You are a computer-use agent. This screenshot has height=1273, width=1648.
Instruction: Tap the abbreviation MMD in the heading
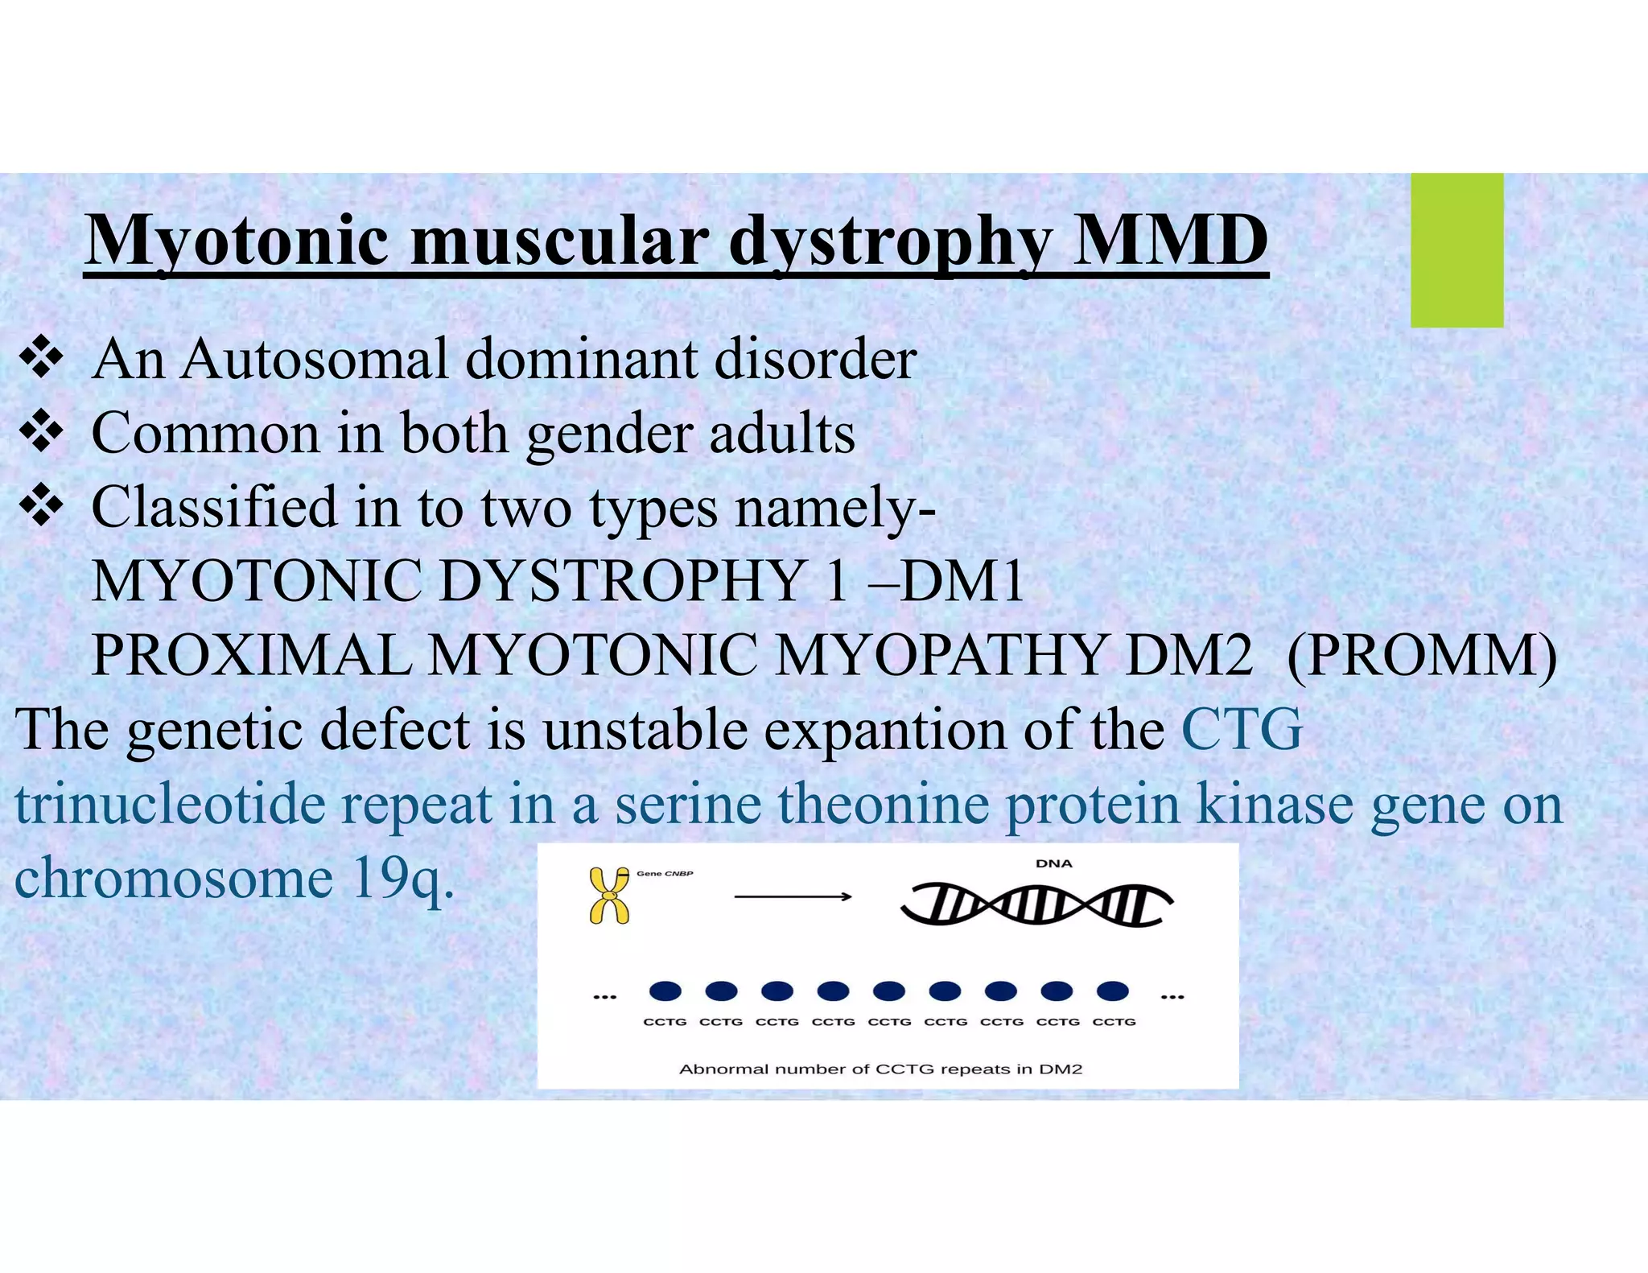tap(1171, 241)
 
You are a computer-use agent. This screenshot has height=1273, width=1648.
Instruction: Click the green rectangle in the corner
tap(1456, 250)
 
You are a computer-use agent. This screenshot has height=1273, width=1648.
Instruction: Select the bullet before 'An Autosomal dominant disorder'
tap(41, 359)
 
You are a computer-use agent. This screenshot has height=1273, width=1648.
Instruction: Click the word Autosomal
tap(314, 359)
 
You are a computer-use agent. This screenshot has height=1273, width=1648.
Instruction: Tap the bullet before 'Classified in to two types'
tap(41, 508)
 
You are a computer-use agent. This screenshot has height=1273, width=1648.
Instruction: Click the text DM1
tap(962, 581)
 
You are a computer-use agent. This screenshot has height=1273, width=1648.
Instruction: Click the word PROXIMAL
tap(251, 655)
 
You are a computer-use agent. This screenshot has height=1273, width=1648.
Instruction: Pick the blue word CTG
tap(1242, 729)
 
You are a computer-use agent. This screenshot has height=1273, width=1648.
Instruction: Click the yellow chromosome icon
tap(609, 896)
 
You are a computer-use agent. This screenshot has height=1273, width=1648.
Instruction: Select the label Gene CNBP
tap(665, 873)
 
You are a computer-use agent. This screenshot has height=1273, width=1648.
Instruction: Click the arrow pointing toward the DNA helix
tap(793, 896)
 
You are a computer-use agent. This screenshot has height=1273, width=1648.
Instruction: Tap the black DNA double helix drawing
tap(1036, 905)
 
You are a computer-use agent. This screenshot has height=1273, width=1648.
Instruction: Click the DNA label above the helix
tap(1053, 863)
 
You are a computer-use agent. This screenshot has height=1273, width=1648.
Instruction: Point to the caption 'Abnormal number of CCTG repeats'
tap(880, 1069)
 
